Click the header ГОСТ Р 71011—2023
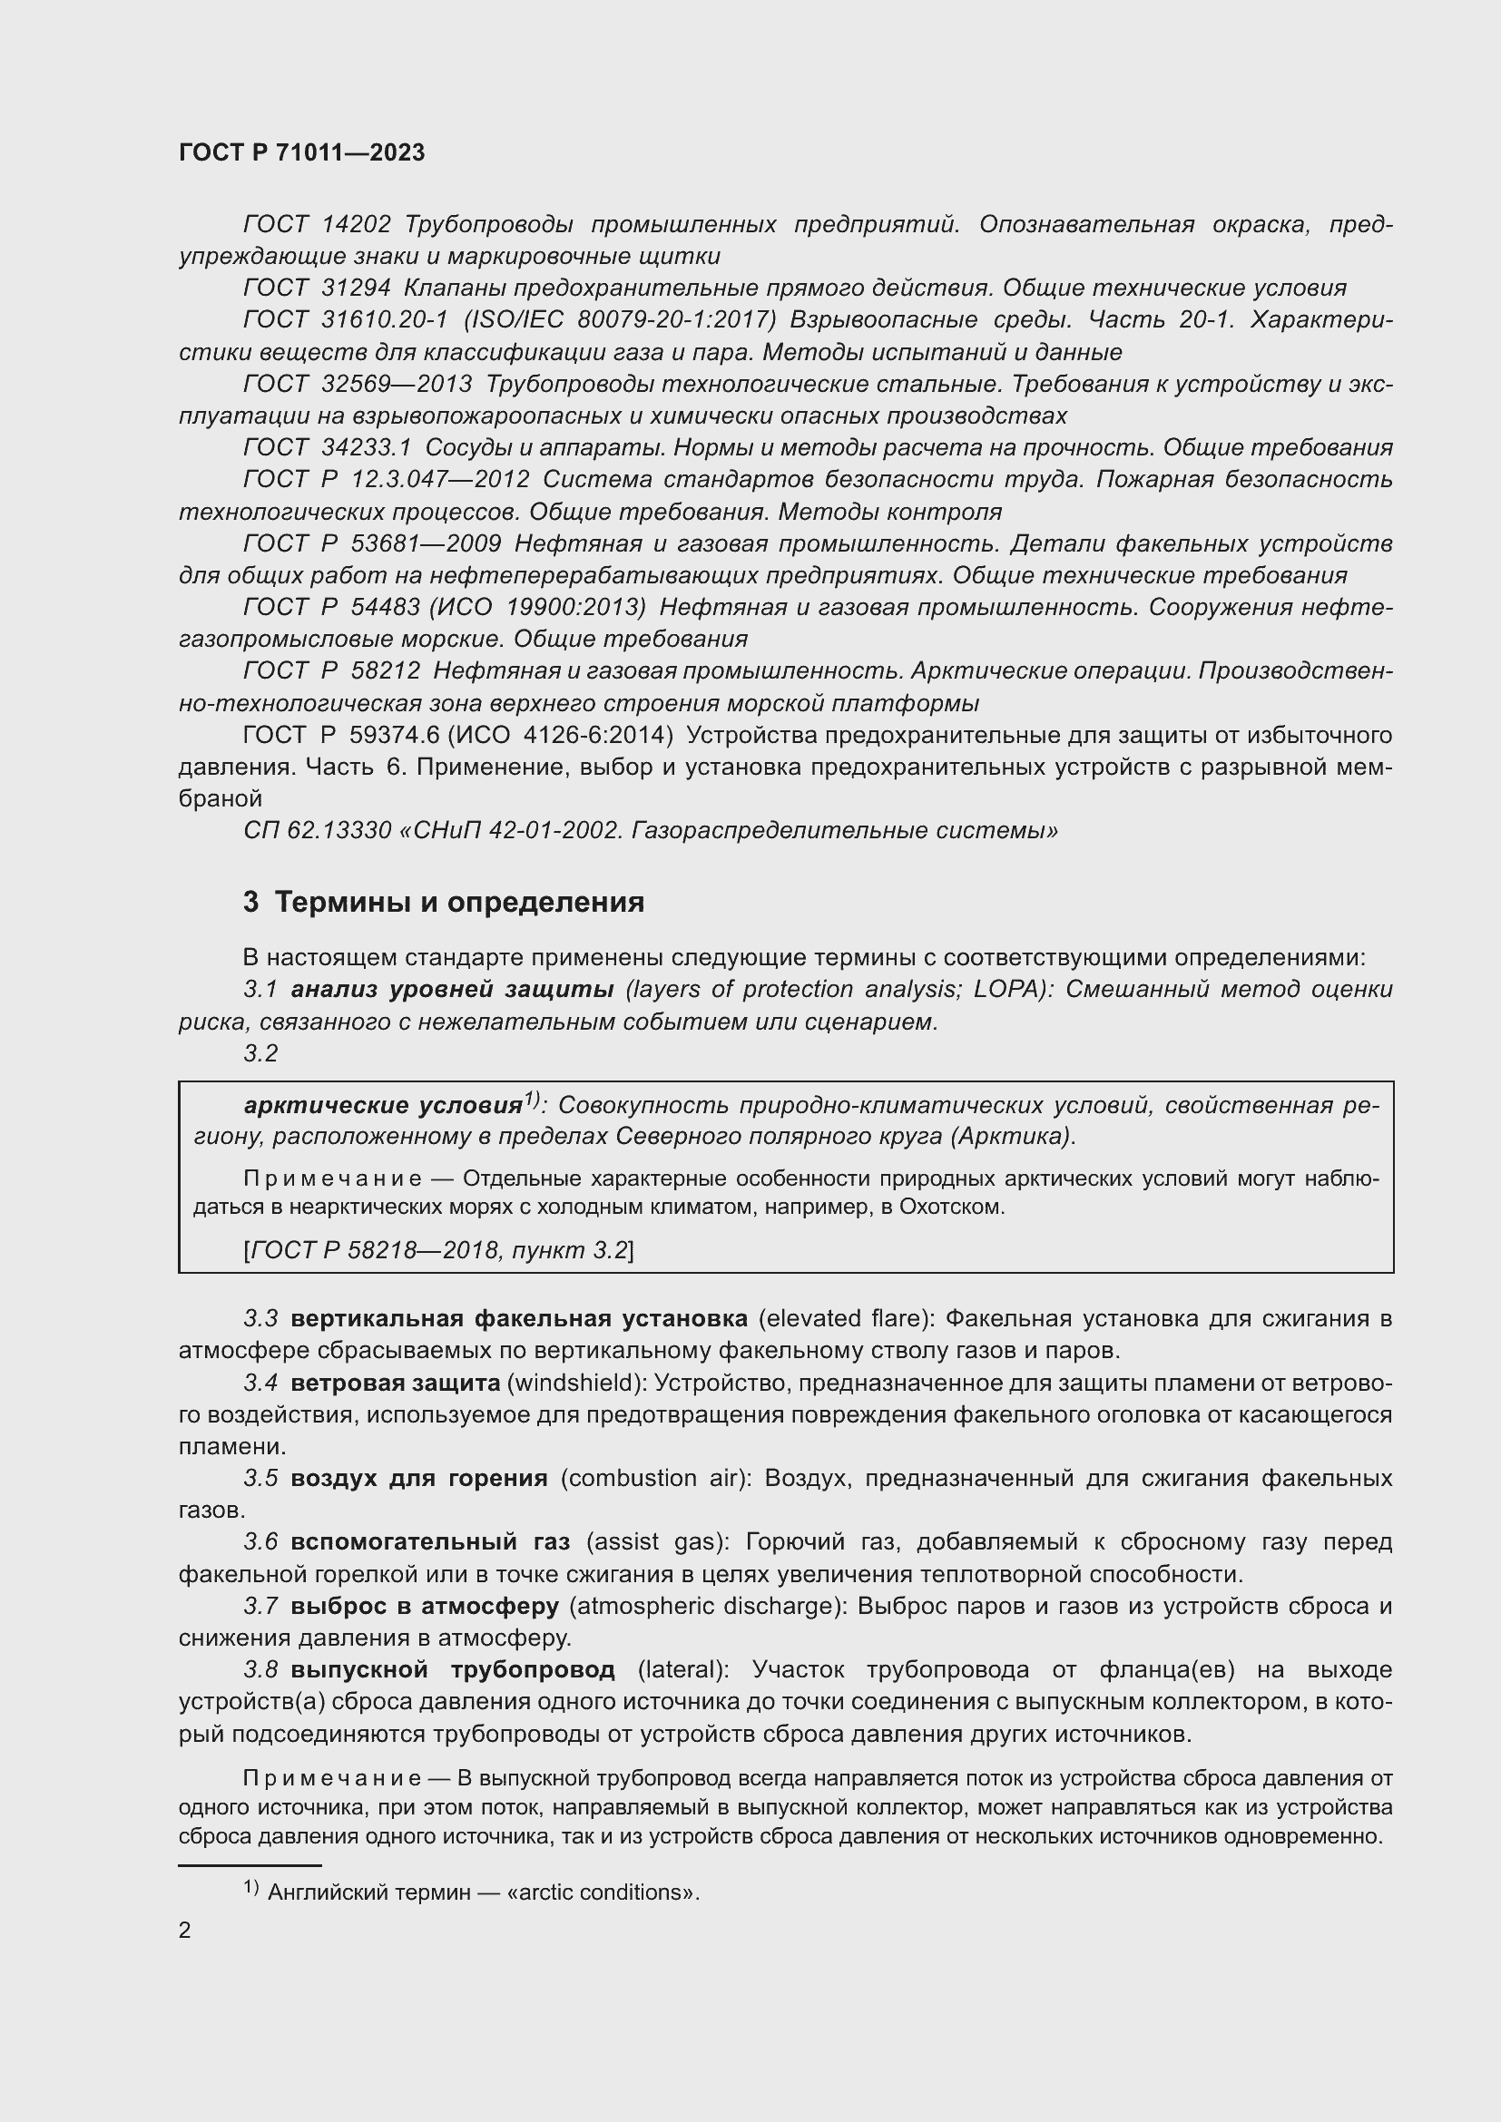pos(301,152)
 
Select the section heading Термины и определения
pos(459,901)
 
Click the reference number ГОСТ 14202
pos(317,225)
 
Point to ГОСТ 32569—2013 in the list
pos(358,384)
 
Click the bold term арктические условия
pos(383,1105)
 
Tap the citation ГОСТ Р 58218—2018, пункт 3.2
pos(439,1250)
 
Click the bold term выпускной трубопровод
pos(453,1670)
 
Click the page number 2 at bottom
pos(185,1931)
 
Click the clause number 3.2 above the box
pos(260,1053)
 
